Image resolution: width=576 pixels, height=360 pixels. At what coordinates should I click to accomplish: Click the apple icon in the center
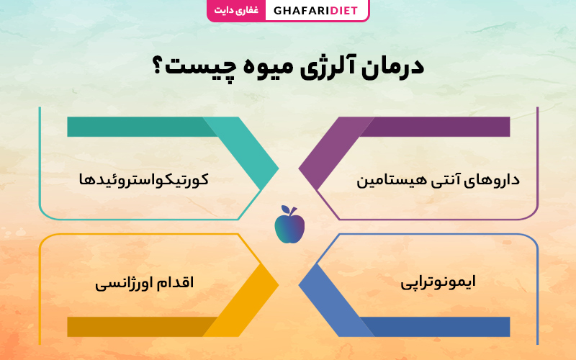[289, 225]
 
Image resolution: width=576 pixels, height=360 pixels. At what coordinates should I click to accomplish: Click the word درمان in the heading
[393, 68]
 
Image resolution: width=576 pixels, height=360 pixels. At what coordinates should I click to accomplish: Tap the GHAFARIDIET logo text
[315, 10]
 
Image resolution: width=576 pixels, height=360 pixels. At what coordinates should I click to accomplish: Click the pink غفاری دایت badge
[236, 10]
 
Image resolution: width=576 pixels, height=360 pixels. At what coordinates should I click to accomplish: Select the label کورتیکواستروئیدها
[143, 179]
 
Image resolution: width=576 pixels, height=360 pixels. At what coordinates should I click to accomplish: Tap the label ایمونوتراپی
[438, 282]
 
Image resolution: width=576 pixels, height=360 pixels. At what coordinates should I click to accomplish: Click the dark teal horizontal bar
[142, 127]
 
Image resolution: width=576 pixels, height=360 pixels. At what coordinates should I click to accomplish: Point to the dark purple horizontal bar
[435, 127]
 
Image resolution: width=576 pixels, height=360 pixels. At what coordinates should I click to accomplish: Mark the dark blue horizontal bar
[435, 327]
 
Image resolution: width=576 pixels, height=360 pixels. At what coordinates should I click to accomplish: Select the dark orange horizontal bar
[142, 327]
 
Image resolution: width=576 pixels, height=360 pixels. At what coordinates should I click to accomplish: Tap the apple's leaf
[293, 211]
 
